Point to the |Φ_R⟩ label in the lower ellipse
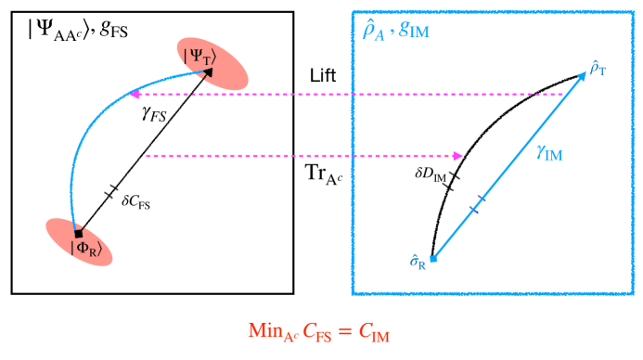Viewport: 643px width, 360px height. coord(86,247)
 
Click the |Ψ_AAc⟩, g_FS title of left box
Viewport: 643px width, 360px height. coord(73,28)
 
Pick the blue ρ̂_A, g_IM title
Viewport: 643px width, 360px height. coord(402,30)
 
